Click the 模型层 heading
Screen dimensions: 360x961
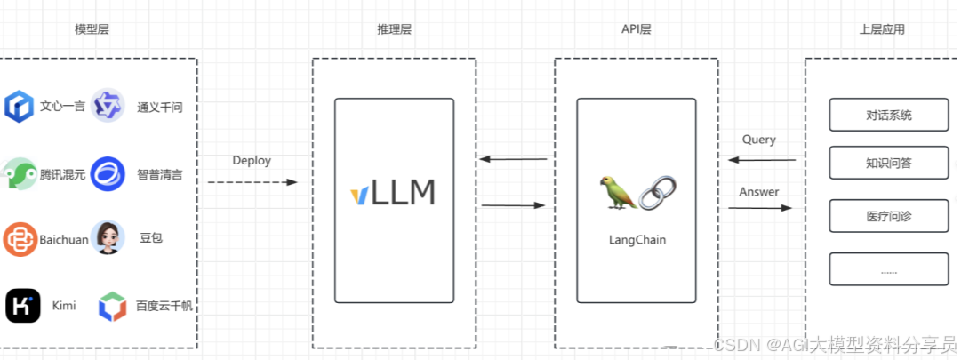[92, 29]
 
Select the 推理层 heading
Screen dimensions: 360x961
[394, 29]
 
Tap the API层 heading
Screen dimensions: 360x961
[636, 29]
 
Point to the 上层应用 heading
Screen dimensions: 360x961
[882, 29]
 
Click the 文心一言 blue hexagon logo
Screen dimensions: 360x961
[19, 107]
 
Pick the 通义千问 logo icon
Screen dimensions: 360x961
[108, 107]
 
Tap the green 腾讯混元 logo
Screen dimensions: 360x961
[19, 173]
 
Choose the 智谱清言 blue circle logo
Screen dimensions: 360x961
[108, 173]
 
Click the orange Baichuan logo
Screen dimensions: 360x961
[19, 239]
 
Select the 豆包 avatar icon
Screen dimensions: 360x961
[108, 238]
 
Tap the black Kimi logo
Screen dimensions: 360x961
[22, 306]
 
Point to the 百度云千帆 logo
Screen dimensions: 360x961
[112, 306]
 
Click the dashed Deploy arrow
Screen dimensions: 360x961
[252, 182]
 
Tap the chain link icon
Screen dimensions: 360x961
[658, 193]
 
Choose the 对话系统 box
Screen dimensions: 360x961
[888, 115]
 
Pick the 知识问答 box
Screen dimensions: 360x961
[888, 163]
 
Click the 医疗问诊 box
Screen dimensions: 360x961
[888, 217]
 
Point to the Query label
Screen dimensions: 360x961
[758, 140]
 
